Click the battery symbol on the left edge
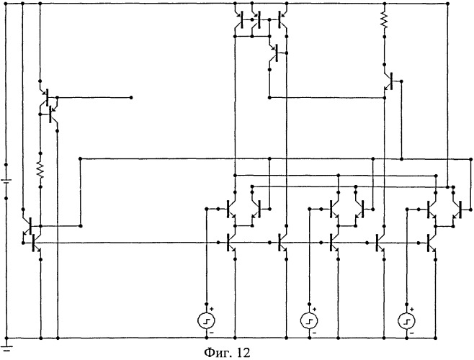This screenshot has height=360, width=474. pyautogui.click(x=6, y=181)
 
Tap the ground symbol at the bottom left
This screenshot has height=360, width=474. pyautogui.click(x=6, y=347)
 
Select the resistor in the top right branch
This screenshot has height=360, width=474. pyautogui.click(x=384, y=20)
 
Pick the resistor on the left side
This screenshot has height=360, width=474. pyautogui.click(x=40, y=169)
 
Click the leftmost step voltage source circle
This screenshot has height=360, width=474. pyautogui.click(x=207, y=320)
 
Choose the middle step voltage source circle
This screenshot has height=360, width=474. pyautogui.click(x=309, y=320)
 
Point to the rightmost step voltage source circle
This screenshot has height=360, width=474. pyautogui.click(x=407, y=320)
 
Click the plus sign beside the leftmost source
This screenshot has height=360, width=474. pyautogui.click(x=212, y=309)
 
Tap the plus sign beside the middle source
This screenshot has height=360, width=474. pyautogui.click(x=314, y=309)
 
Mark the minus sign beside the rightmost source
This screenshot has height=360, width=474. pyautogui.click(x=412, y=333)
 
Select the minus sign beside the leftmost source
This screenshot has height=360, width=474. pyautogui.click(x=211, y=333)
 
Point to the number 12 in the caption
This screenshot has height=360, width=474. pyautogui.click(x=243, y=353)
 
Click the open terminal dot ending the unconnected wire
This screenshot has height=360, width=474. pyautogui.click(x=131, y=98)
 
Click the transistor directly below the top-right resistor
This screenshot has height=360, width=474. pyautogui.click(x=389, y=81)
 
